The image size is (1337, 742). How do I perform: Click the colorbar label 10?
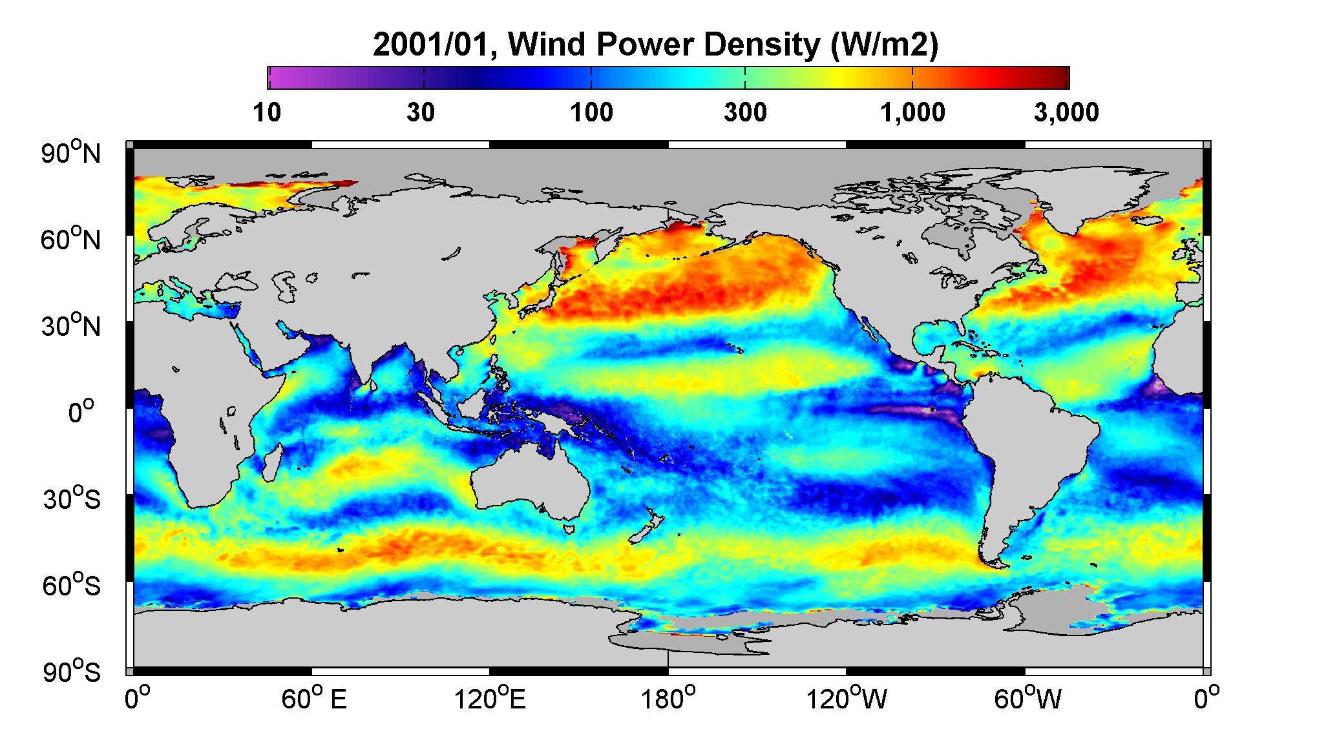267,113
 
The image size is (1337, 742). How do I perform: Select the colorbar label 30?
421,113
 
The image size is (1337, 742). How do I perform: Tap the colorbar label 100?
591,113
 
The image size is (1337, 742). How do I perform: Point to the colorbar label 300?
745,113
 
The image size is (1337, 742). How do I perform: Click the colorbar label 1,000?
912,113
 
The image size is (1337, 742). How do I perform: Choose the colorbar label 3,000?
1066,113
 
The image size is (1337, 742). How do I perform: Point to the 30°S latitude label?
72,499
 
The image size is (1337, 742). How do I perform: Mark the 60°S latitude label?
72,585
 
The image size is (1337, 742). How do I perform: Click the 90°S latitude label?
72,672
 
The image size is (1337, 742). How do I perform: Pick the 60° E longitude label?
313,699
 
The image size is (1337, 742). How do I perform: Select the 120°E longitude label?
490,699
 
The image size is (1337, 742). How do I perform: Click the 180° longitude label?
667,699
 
